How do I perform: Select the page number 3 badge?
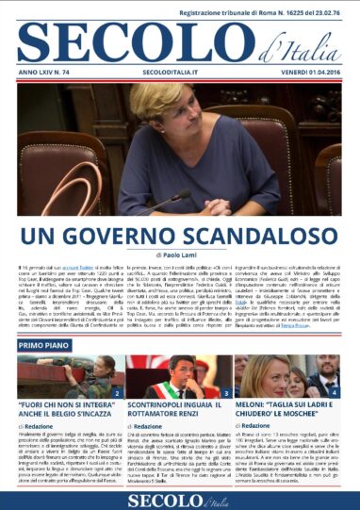(226, 391)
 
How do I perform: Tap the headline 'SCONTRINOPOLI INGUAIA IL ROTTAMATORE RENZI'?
(179, 409)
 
